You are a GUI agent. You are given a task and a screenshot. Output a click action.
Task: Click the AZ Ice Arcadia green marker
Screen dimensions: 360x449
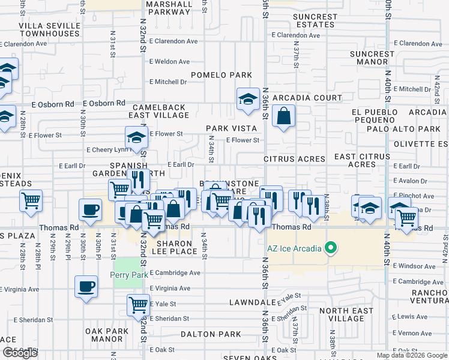pos(330,247)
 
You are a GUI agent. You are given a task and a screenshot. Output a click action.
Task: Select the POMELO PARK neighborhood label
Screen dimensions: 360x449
pos(221,75)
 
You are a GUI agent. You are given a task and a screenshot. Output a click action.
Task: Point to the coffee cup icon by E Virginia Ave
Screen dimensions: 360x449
pos(85,286)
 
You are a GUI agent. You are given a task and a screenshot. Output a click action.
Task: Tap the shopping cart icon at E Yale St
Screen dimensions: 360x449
pos(138,304)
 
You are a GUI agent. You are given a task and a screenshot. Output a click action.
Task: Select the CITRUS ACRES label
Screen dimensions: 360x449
pos(294,160)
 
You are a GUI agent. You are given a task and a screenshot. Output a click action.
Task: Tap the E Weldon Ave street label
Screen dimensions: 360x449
pos(169,62)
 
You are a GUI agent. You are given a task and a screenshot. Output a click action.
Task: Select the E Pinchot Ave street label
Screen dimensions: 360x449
pos(413,196)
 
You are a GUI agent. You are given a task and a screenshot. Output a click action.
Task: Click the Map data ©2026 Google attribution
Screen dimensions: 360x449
pos(411,355)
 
